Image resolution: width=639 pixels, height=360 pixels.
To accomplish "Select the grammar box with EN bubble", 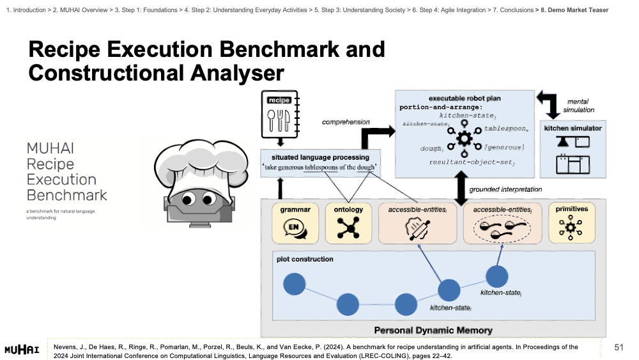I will tap(295, 223).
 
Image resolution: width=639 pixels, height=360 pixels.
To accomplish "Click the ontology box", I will tap(348, 223).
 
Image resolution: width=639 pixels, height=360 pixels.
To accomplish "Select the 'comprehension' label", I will tap(345, 121).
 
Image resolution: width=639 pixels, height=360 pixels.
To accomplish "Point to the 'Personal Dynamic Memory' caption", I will tap(433, 330).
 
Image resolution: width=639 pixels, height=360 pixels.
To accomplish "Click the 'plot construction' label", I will tap(305, 259).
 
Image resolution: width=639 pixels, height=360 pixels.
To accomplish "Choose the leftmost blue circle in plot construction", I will tap(294, 285).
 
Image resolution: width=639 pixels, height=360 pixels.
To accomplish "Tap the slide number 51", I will tap(618, 347).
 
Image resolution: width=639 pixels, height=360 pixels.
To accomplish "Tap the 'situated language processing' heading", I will tap(320, 157).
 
